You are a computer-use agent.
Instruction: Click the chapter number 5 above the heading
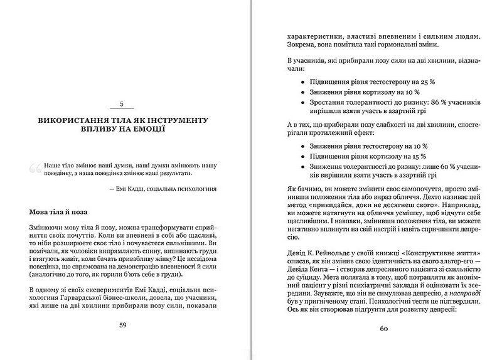pyautogui.click(x=123, y=103)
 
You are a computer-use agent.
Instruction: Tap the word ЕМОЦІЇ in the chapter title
pyautogui.click(x=147, y=130)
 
